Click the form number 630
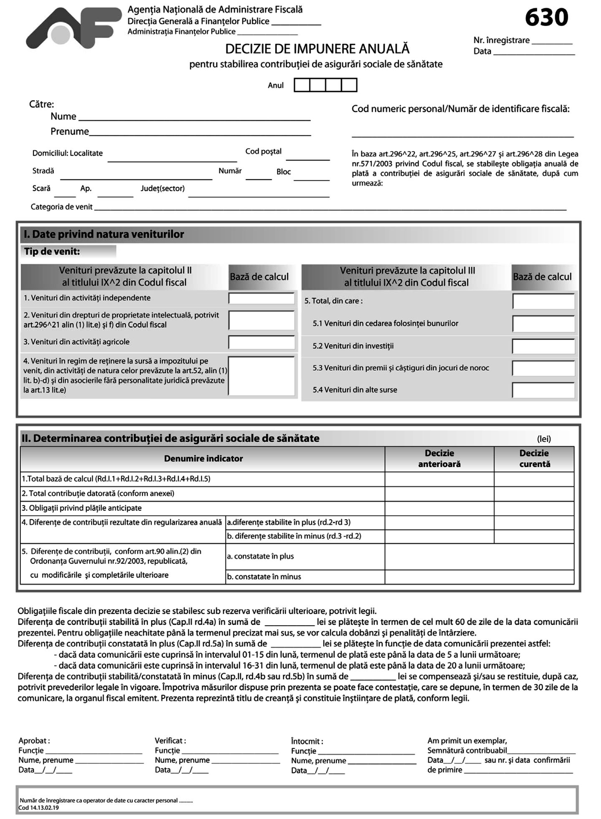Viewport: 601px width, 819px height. tap(546, 18)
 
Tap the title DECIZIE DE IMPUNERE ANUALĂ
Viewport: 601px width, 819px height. tap(317, 49)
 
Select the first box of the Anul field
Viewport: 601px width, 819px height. tap(302, 85)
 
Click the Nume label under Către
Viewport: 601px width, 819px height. tap(63, 117)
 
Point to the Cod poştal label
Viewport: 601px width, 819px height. tap(264, 151)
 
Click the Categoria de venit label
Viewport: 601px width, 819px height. tap(62, 207)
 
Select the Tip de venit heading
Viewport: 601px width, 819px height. tap(52, 251)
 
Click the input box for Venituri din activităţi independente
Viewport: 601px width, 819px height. tap(261, 298)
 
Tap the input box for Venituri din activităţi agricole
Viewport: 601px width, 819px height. tap(261, 342)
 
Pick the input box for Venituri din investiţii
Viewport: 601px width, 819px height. tap(543, 346)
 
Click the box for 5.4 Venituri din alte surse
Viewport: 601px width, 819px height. tap(543, 390)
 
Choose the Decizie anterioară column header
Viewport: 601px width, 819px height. tap(439, 459)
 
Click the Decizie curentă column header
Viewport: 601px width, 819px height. tap(534, 459)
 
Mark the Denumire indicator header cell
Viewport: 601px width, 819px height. tap(203, 459)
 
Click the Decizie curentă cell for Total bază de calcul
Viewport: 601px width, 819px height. tap(534, 479)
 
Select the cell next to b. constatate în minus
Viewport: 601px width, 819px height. tap(479, 577)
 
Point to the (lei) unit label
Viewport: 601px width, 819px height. tap(544, 439)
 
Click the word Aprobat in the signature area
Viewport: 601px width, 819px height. tap(33, 740)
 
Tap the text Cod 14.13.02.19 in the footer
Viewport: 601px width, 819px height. tap(39, 808)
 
